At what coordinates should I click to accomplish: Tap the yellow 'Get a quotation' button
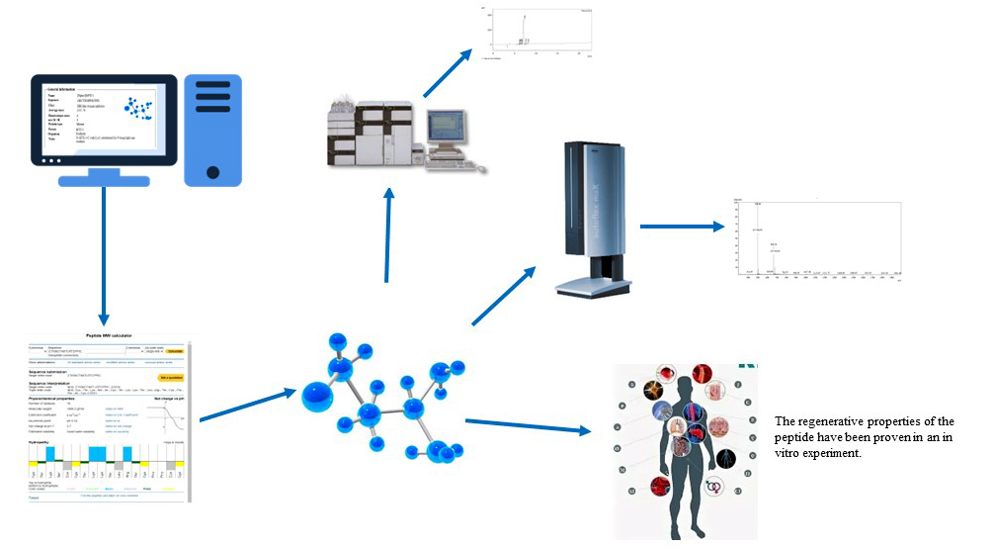[169, 377]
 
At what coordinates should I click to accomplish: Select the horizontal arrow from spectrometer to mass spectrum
[682, 227]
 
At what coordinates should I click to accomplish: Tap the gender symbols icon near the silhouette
[716, 487]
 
